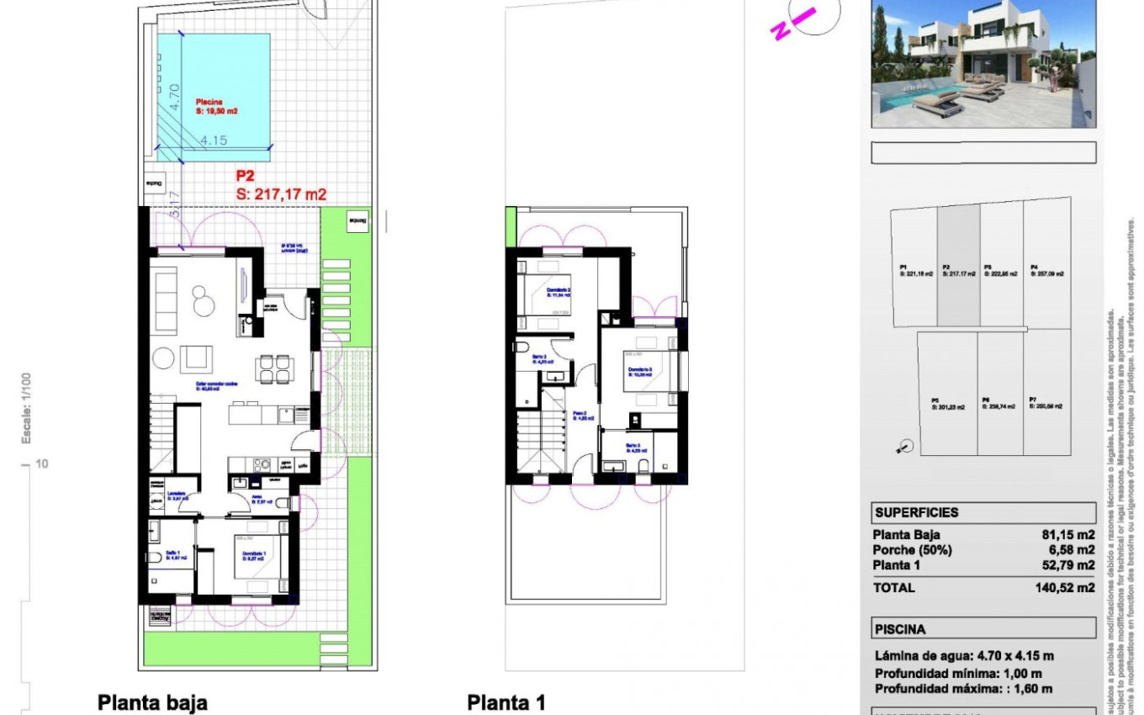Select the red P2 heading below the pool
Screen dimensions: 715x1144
(246, 177)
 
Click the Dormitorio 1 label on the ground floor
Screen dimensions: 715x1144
(255, 553)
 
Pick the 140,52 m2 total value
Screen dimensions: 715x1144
(1064, 588)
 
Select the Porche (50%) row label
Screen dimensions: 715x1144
(913, 550)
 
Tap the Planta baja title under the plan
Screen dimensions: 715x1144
(152, 702)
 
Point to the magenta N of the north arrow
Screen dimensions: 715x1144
(780, 31)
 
